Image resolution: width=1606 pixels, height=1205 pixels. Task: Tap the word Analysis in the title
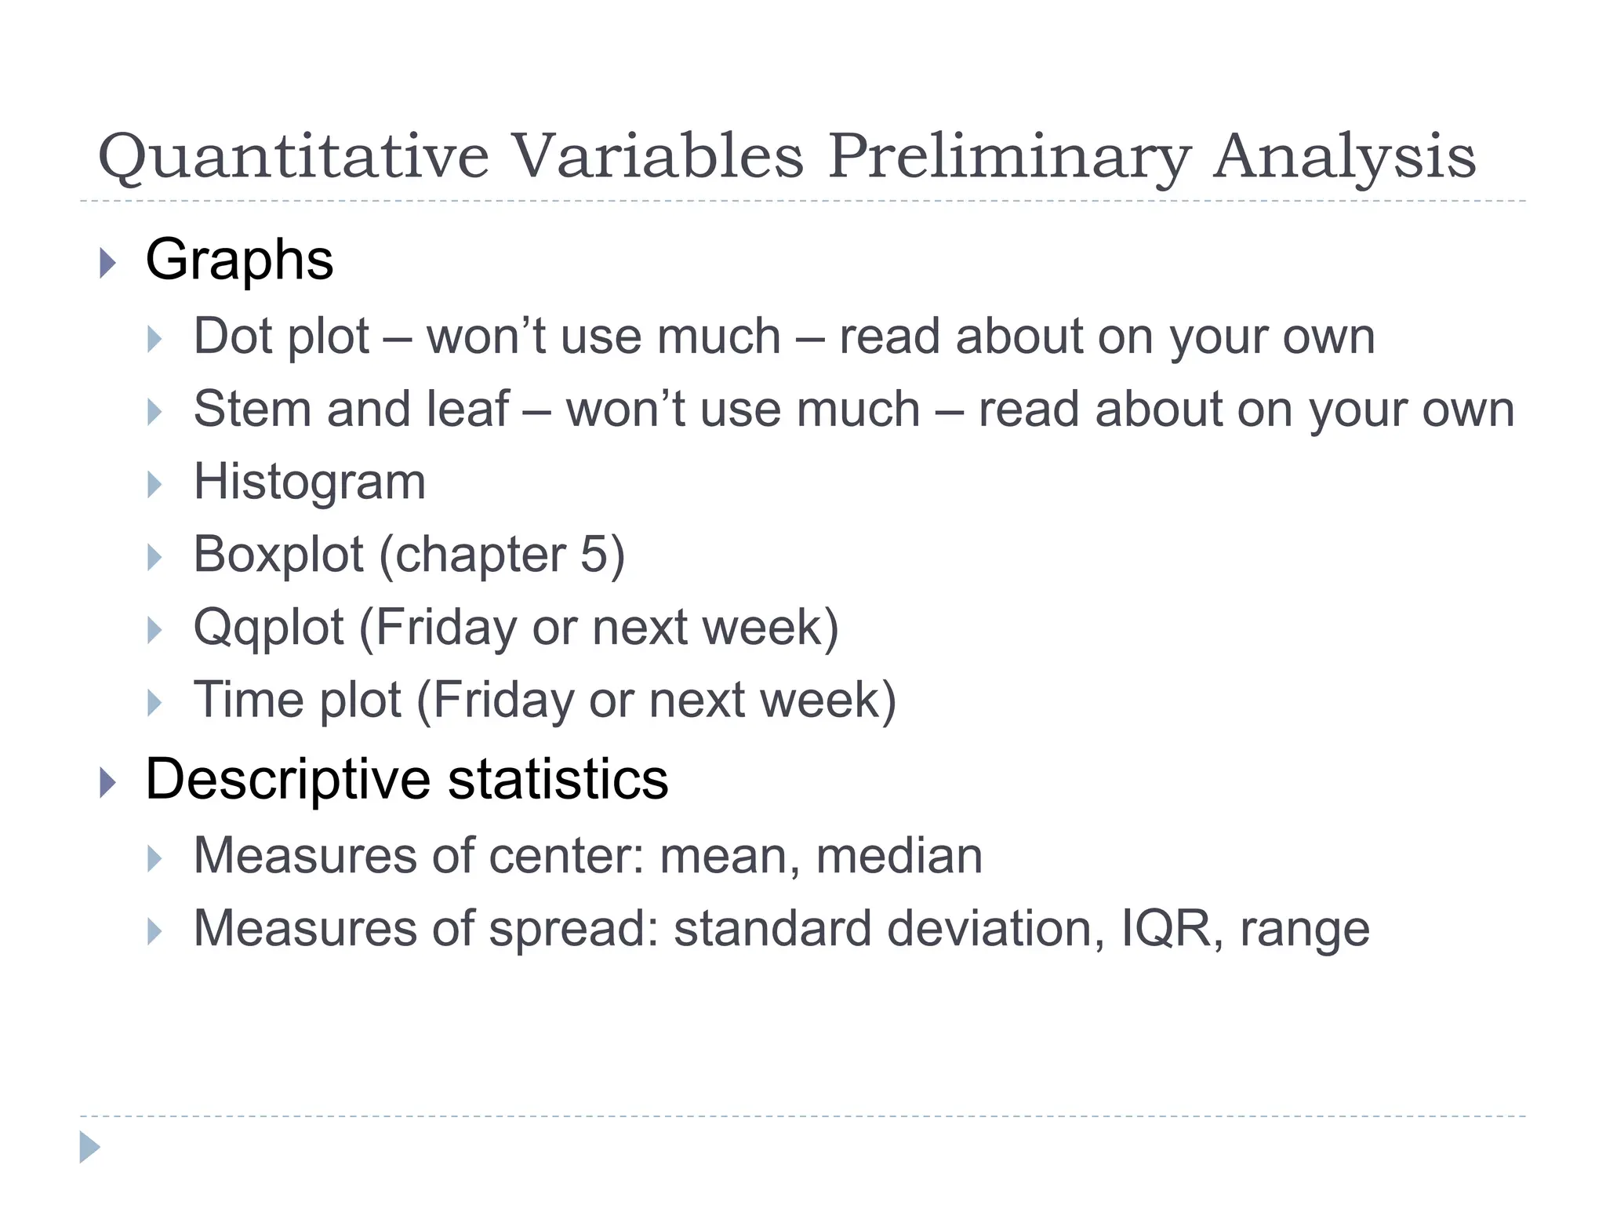[1344, 157]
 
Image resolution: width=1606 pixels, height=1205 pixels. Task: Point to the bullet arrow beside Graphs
[108, 263]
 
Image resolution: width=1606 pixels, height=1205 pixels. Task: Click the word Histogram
[310, 482]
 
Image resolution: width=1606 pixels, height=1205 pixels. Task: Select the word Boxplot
[278, 555]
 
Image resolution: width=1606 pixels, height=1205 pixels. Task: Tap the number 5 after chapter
[594, 555]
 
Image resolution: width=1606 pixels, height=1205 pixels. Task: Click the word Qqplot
[268, 628]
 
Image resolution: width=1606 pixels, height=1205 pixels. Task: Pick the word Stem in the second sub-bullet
[253, 409]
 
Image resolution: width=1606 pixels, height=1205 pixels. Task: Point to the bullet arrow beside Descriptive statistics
[108, 783]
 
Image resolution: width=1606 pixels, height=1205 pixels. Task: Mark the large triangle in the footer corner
[89, 1147]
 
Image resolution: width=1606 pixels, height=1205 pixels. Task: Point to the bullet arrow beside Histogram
[154, 485]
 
